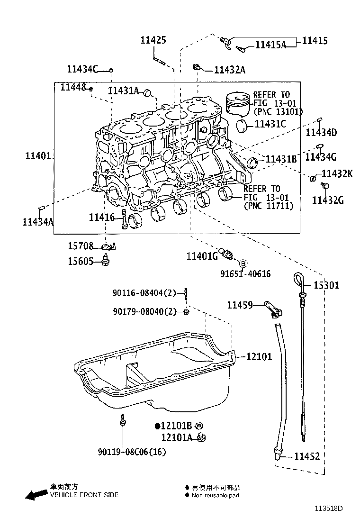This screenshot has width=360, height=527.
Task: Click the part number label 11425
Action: click(x=153, y=40)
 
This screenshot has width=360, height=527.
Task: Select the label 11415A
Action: click(x=270, y=45)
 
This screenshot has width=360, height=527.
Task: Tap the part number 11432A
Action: click(x=229, y=70)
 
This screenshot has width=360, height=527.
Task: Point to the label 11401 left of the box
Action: click(x=38, y=155)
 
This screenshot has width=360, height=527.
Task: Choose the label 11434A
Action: click(x=37, y=221)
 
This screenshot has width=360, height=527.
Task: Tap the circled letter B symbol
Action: click(x=243, y=263)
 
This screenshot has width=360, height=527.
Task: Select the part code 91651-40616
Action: click(x=245, y=274)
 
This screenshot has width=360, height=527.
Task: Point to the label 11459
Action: click(x=240, y=305)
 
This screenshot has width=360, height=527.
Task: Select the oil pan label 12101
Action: click(x=259, y=356)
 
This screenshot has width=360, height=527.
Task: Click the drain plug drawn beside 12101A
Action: click(x=201, y=437)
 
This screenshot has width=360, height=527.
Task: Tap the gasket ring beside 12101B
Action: click(x=199, y=426)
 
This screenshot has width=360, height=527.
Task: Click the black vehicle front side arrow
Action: click(x=36, y=495)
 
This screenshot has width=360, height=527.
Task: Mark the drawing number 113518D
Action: click(x=329, y=509)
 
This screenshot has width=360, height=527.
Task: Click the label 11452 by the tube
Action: click(x=307, y=456)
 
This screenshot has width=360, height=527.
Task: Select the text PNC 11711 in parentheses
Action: click(x=268, y=206)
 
